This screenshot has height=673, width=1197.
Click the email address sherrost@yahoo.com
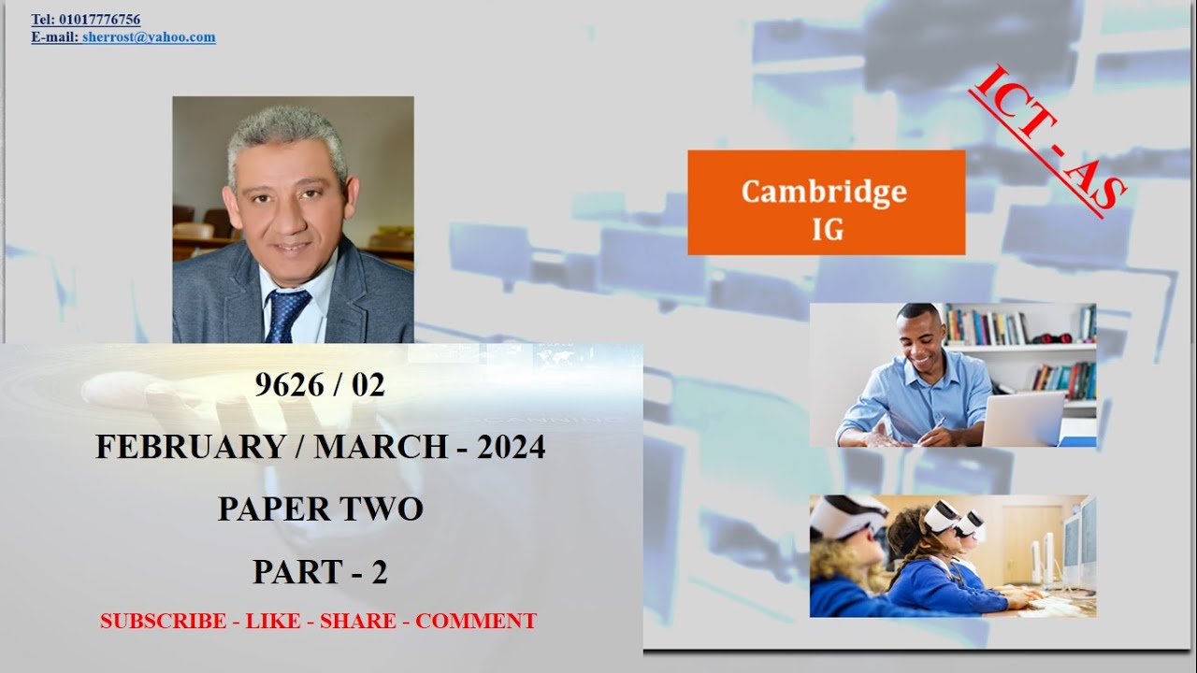pos(149,37)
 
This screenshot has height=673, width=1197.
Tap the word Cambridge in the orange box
pos(824,191)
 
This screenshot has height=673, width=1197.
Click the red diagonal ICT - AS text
pos(1048,139)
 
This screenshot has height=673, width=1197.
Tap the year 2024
pos(511,448)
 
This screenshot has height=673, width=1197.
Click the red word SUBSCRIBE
pos(163,622)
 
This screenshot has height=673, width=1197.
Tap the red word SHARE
pos(357,622)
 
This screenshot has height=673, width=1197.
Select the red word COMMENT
pos(476,622)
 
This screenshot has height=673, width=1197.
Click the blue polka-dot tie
pos(286,314)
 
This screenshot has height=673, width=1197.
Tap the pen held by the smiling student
pos(936,425)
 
